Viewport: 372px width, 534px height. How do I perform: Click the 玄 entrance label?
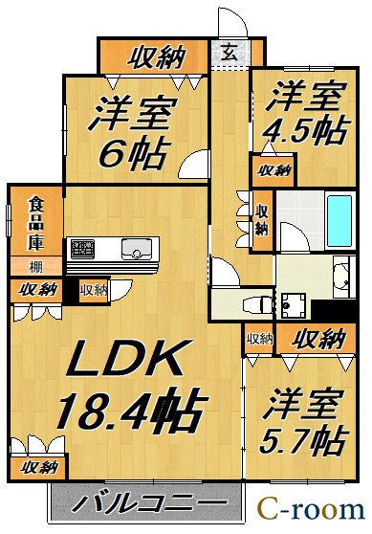click(x=230, y=53)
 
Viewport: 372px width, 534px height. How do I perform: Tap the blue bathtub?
click(x=339, y=221)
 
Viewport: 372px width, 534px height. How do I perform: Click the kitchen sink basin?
click(x=136, y=249)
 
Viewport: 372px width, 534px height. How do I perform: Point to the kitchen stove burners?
click(x=82, y=248)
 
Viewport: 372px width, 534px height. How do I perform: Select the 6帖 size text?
click(x=134, y=153)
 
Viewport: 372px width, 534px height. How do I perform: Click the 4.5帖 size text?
click(x=305, y=131)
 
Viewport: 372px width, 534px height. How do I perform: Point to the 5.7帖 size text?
click(x=304, y=439)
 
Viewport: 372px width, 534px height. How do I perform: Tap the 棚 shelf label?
click(x=35, y=267)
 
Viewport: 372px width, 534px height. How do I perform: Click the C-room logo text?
click(x=311, y=509)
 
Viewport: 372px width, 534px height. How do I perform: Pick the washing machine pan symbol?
click(x=293, y=306)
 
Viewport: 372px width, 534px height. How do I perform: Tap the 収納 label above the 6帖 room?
click(x=157, y=56)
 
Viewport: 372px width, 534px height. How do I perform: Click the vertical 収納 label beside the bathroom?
click(x=262, y=220)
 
